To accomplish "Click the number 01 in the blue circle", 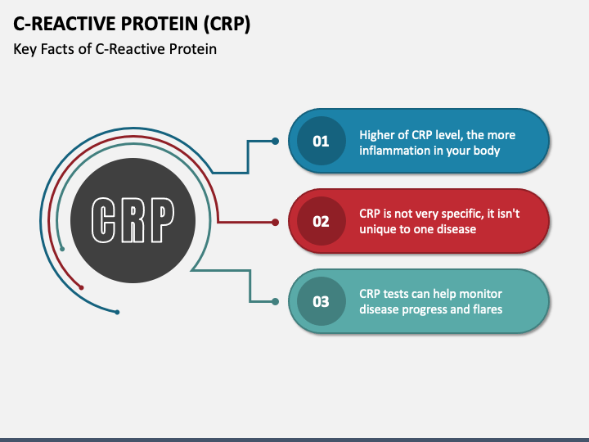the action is [321, 142].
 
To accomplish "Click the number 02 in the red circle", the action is [321, 221].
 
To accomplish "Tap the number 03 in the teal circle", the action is [321, 301].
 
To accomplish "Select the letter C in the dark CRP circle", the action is [103, 220].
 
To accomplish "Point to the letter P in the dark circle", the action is [163, 220].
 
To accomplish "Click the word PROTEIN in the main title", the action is [160, 23].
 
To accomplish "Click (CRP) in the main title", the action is [227, 24].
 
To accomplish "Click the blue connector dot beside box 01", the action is [276, 142].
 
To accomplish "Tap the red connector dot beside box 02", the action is [276, 222].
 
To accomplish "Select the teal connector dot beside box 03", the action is [276, 301].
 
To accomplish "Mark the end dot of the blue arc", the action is [117, 313].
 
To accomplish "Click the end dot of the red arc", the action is [81, 288].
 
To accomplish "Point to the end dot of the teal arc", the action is [62, 249].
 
